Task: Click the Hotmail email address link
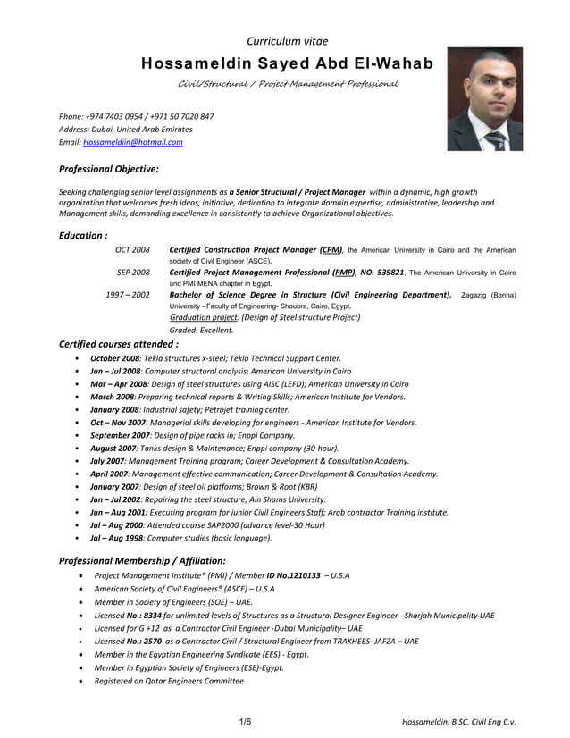(x=133, y=142)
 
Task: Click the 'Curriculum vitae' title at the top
(x=287, y=41)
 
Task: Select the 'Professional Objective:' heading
(x=109, y=168)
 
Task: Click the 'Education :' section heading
(x=83, y=235)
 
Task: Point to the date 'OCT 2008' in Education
(x=132, y=249)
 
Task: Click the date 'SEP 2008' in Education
(x=133, y=272)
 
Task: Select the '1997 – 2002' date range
(x=128, y=294)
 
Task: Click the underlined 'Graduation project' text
(x=204, y=316)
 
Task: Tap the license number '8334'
(x=153, y=616)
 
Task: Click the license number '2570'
(x=153, y=642)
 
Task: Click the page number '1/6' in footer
(x=245, y=721)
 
